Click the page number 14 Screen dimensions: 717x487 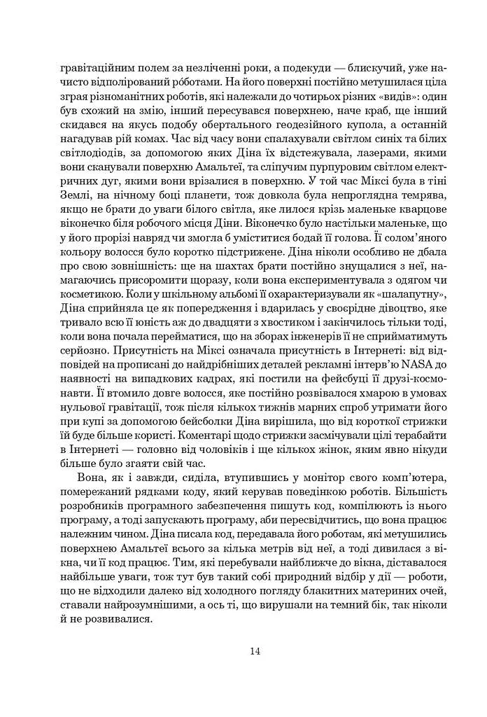click(255, 652)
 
